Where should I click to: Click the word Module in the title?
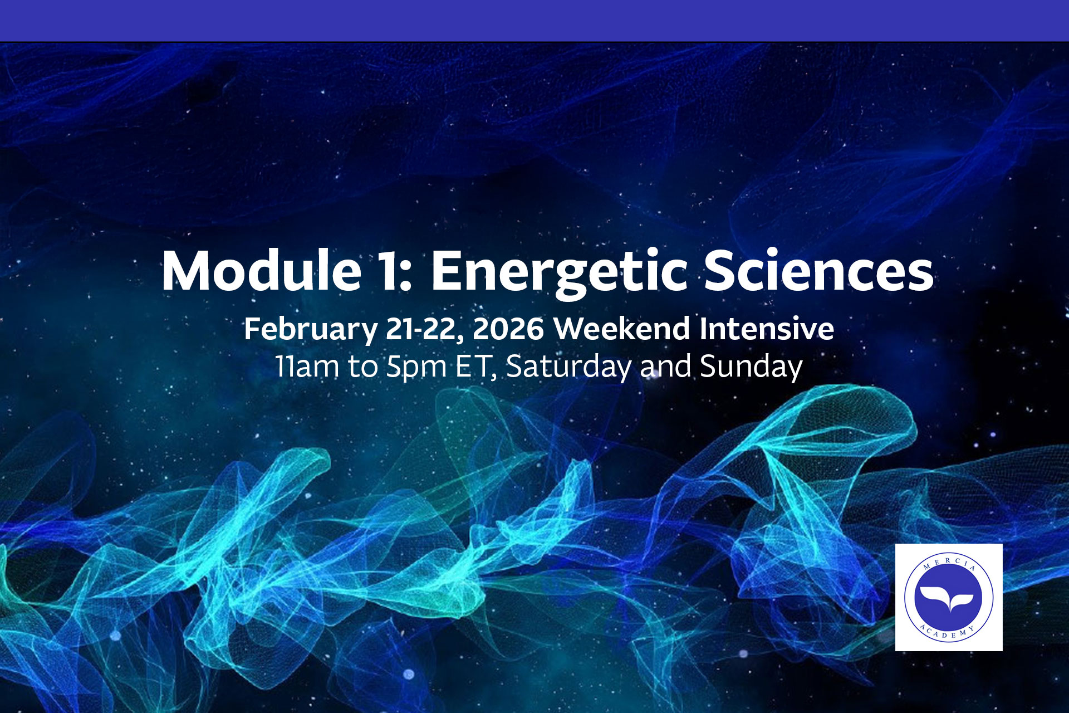tap(261, 271)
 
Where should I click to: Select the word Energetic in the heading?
tap(558, 272)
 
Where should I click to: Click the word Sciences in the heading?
tap(818, 271)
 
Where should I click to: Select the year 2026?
tap(508, 329)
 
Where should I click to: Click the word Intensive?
tap(767, 329)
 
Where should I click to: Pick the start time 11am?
tap(307, 367)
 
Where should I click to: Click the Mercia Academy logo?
tap(949, 597)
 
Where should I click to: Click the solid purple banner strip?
tap(534, 21)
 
